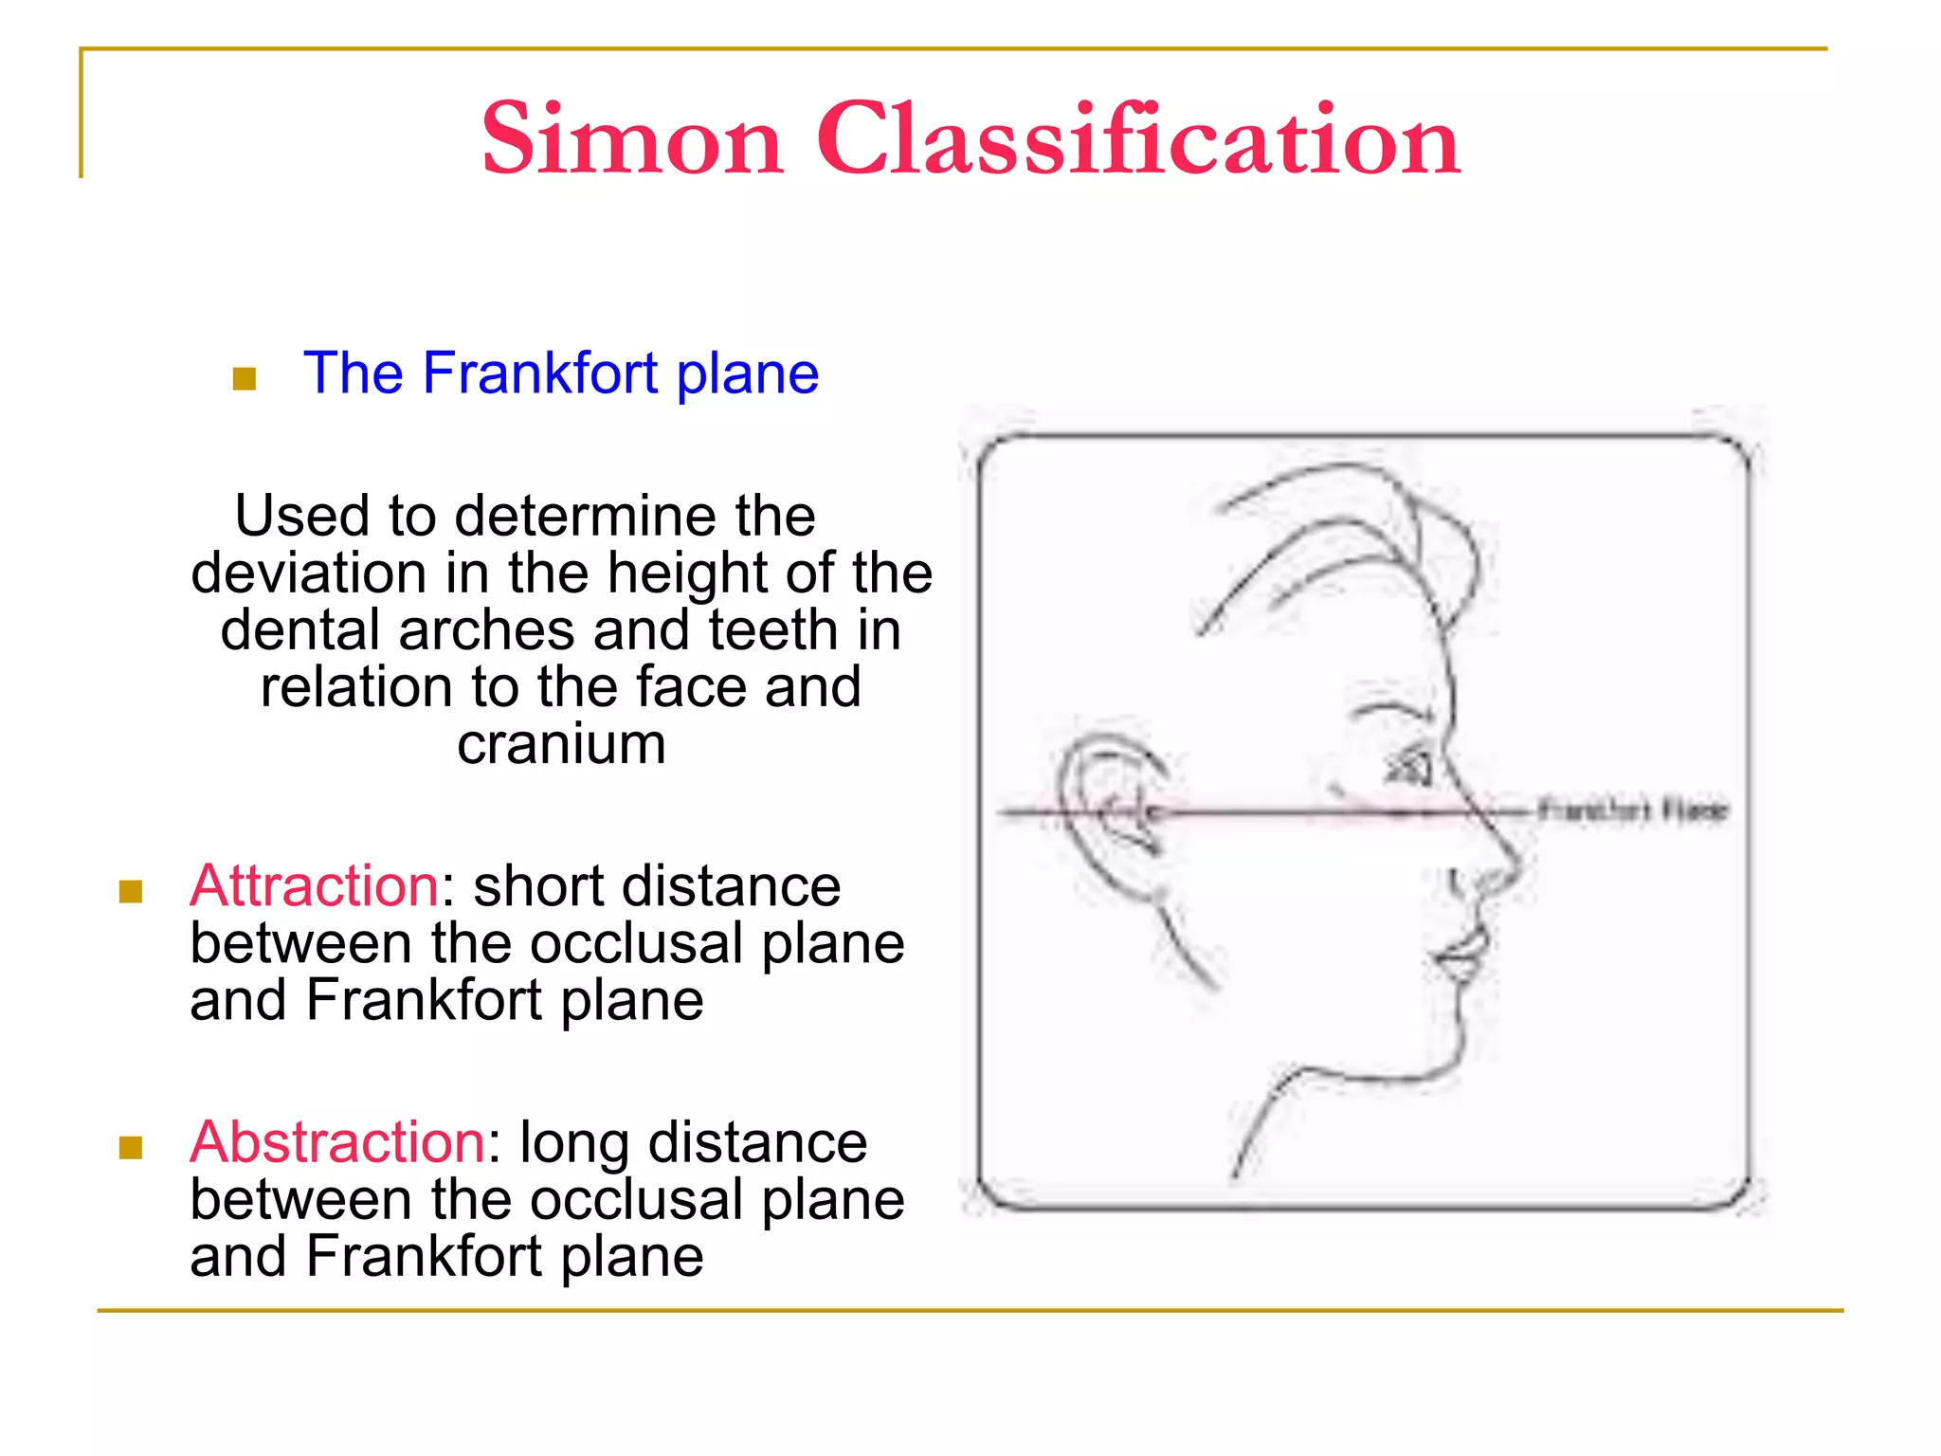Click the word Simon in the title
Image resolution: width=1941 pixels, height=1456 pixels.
pyautogui.click(x=632, y=140)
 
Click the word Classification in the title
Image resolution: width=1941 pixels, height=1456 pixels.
pyautogui.click(x=1137, y=140)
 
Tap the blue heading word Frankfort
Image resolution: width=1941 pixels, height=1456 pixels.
pyautogui.click(x=540, y=373)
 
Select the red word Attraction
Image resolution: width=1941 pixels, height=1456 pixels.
pyautogui.click(x=314, y=886)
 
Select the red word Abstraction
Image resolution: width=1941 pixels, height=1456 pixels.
pyautogui.click(x=337, y=1142)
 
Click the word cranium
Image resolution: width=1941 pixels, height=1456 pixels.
pyautogui.click(x=561, y=745)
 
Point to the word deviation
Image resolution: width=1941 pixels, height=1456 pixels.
pyautogui.click(x=309, y=573)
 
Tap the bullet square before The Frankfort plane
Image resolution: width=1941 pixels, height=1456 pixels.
pyautogui.click(x=245, y=379)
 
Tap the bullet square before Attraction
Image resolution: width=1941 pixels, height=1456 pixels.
pyautogui.click(x=131, y=892)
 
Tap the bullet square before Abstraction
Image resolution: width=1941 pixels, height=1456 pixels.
pyautogui.click(x=131, y=1148)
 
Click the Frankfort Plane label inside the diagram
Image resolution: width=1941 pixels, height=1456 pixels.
pyautogui.click(x=1633, y=810)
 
